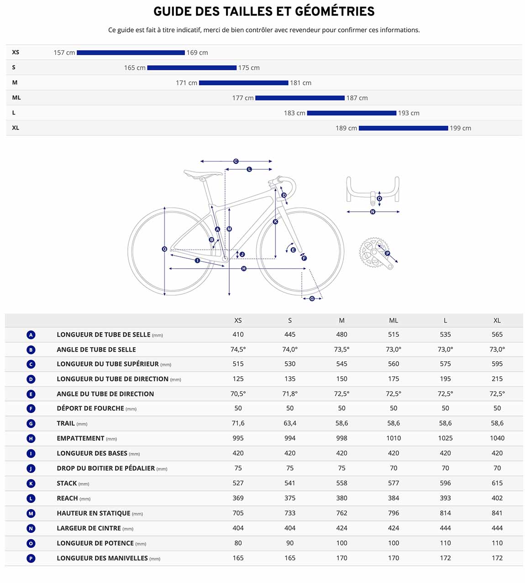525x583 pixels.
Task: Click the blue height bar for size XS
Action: tap(131, 52)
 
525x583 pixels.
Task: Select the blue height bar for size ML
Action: tap(300, 98)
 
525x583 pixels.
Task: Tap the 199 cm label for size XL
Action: tap(460, 128)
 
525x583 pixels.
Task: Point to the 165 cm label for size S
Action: tap(135, 68)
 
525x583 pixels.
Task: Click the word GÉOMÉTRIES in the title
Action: tap(335, 11)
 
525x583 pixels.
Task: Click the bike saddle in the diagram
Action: tap(203, 173)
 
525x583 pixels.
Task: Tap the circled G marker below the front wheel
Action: tap(312, 298)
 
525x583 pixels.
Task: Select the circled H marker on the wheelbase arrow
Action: tap(244, 269)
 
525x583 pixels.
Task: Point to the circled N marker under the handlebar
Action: tap(373, 212)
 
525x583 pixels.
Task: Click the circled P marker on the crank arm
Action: tap(387, 254)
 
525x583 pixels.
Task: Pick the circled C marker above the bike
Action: tap(236, 161)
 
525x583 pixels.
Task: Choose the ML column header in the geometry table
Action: tap(393, 320)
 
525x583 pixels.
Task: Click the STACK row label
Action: tap(67, 483)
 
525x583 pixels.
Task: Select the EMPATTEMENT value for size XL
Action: tap(497, 438)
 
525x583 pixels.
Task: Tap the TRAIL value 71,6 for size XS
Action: tap(238, 423)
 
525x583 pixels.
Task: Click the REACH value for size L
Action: tap(445, 498)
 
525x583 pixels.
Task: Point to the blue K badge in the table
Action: tap(31, 483)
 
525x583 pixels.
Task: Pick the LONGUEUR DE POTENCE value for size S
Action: tap(290, 543)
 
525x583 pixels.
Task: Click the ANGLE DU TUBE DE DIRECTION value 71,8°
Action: tap(290, 394)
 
